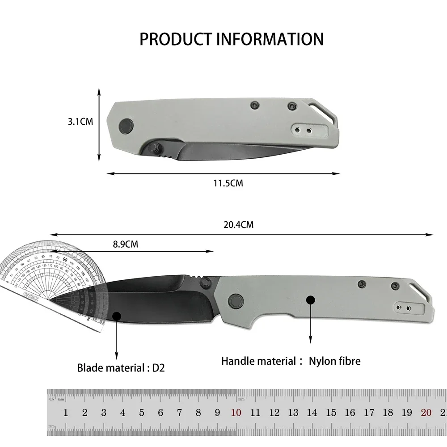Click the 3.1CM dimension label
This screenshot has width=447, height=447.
81,121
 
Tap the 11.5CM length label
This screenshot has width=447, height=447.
228,183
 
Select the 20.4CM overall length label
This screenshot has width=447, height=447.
238,225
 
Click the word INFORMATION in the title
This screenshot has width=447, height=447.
270,39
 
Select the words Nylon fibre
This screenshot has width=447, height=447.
334,361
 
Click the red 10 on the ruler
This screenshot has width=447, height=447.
236,413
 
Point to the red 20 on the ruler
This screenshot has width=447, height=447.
426,413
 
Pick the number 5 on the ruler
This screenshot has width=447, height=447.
142,413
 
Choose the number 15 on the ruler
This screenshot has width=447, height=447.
331,413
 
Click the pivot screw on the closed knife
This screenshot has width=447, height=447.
127,125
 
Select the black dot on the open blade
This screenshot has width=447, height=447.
117,316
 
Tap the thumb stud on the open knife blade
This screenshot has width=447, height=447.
206,282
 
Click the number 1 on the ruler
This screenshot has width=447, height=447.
66,413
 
